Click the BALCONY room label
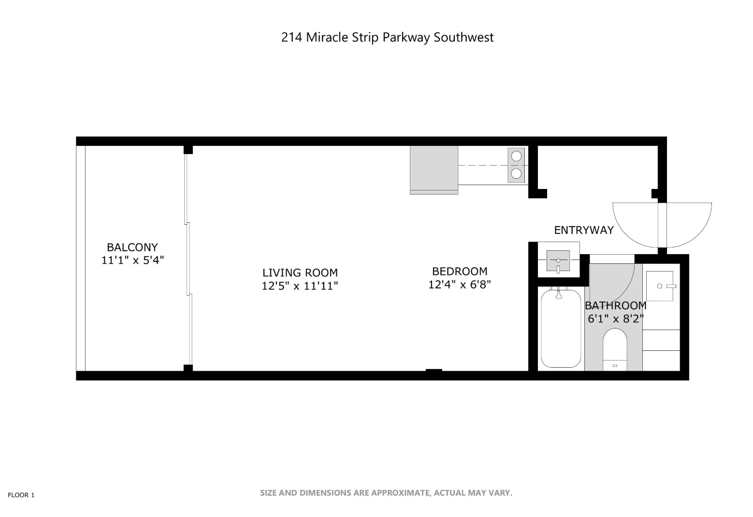click(x=132, y=247)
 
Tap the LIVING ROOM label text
click(x=300, y=273)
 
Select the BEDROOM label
click(x=460, y=271)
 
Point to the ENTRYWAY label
click(x=583, y=230)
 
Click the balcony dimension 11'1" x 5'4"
click(x=132, y=260)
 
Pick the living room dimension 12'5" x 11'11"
click(x=300, y=286)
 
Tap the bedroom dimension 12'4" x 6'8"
click(x=460, y=285)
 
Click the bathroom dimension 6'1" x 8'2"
click(x=615, y=319)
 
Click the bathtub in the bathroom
click(x=561, y=329)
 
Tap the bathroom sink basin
click(x=660, y=286)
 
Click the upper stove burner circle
click(x=517, y=156)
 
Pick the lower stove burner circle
click(x=517, y=173)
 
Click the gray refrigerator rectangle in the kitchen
click(x=434, y=169)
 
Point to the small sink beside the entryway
click(x=558, y=261)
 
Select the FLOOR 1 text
click(x=21, y=495)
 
